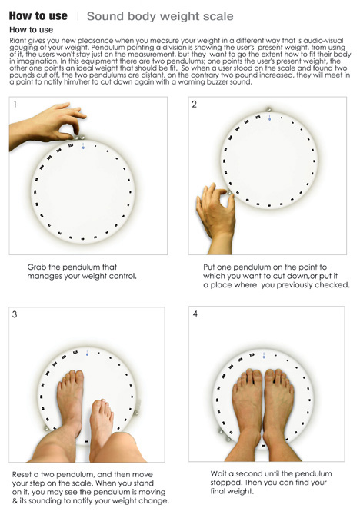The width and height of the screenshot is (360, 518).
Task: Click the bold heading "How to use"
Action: tap(38, 16)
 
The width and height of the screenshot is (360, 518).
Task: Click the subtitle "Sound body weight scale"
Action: tap(160, 16)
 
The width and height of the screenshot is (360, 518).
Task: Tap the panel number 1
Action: tap(15, 105)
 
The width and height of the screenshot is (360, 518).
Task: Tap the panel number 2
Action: tap(194, 105)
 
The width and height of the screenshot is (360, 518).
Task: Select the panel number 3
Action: tap(15, 314)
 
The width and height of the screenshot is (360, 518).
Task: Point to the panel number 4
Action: tap(195, 314)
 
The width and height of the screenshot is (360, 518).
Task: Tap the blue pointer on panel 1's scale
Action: tap(83, 146)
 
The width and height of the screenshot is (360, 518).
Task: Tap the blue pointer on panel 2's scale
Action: tap(269, 118)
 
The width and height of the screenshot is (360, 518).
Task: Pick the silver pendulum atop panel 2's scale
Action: tap(268, 109)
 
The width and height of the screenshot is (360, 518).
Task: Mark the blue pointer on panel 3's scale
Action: tap(87, 353)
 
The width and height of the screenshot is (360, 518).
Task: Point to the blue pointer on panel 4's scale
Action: tap(264, 356)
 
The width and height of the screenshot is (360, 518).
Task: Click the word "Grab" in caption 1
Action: tap(37, 267)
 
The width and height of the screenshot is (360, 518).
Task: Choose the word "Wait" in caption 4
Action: tap(218, 473)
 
